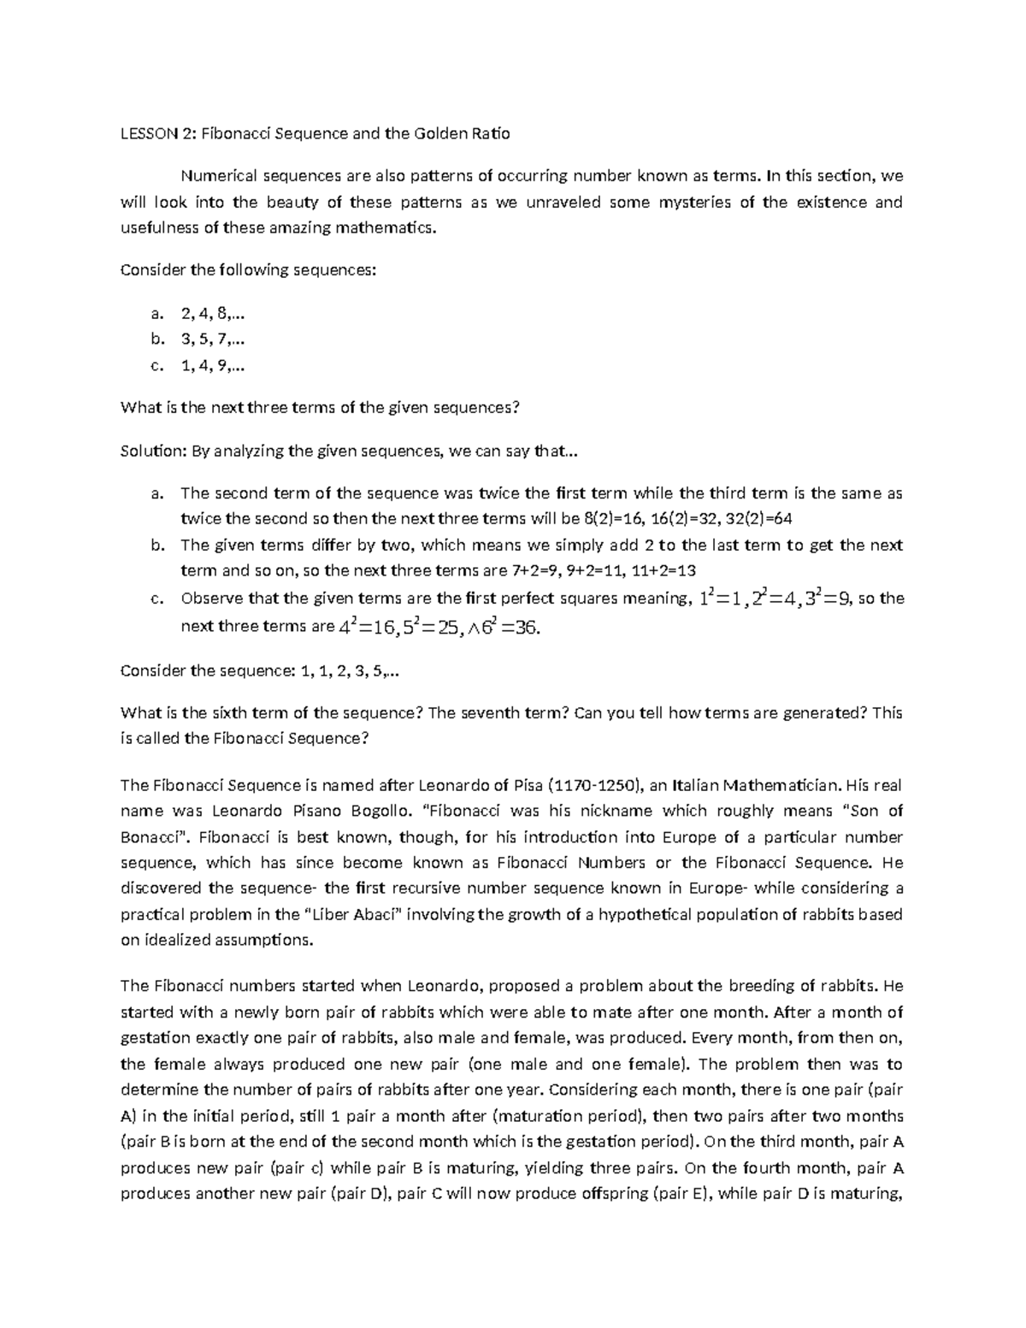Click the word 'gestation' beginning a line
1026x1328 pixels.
pyautogui.click(x=156, y=1038)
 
